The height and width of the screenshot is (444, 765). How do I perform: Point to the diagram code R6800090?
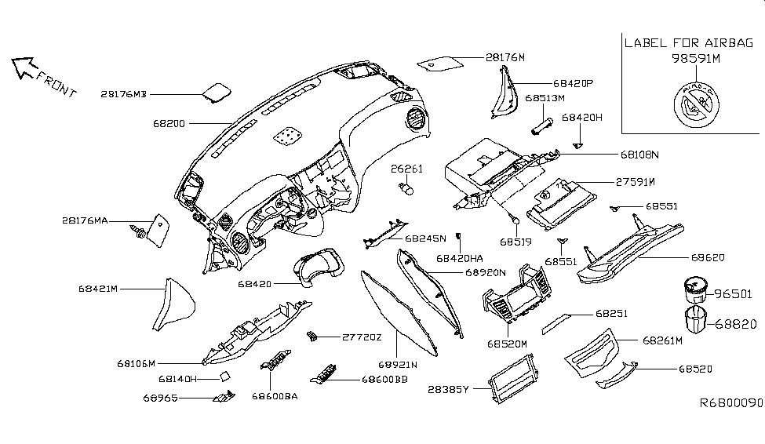(731, 402)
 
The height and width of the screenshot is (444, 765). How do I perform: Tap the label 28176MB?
(123, 94)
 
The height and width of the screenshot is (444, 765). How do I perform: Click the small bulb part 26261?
(408, 188)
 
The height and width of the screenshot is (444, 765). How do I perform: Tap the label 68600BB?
(384, 380)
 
